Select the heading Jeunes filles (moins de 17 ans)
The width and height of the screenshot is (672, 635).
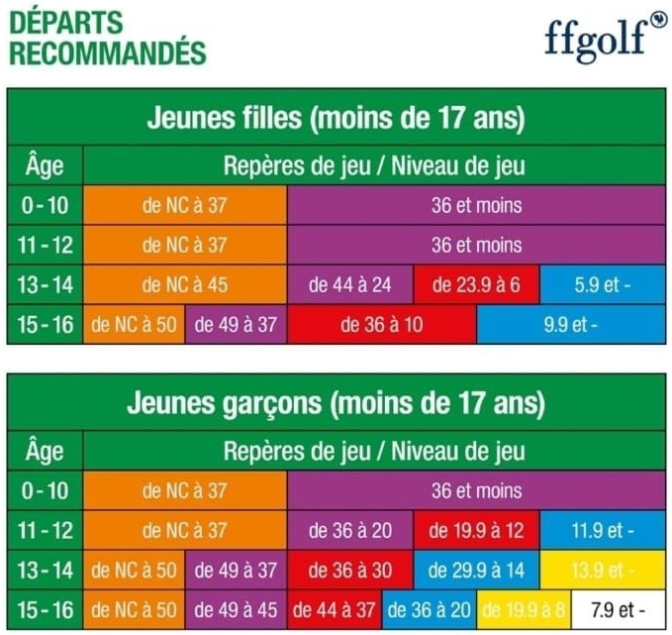pyautogui.click(x=336, y=119)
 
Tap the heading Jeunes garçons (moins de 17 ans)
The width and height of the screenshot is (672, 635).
pyautogui.click(x=336, y=404)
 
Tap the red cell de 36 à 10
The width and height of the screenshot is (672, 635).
pyautogui.click(x=381, y=325)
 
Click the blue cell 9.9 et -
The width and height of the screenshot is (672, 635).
pyautogui.click(x=571, y=325)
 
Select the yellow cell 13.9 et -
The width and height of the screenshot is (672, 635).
pyautogui.click(x=603, y=571)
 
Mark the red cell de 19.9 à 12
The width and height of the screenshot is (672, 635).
pyautogui.click(x=477, y=531)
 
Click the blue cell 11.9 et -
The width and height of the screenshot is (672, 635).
pyautogui.click(x=603, y=531)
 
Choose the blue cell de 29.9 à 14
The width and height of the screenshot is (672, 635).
pyautogui.click(x=477, y=571)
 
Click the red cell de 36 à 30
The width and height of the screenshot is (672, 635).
pyautogui.click(x=350, y=571)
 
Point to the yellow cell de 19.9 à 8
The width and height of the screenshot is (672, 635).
pyautogui.click(x=525, y=608)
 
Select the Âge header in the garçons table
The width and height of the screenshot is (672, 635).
pyautogui.click(x=45, y=452)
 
